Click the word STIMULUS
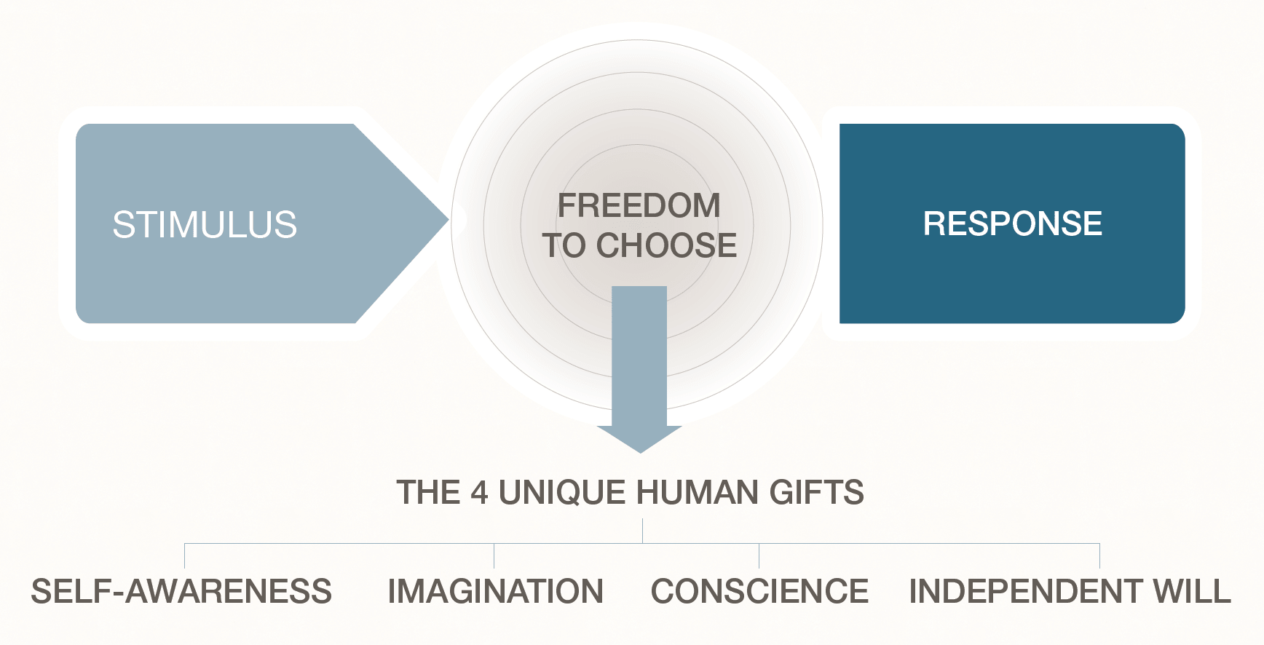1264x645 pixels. pos(205,224)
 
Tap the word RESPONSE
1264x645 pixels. pos(1012,223)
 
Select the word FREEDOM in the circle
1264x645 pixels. pos(639,205)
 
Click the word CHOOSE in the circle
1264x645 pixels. pos(666,245)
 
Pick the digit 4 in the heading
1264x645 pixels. pos(479,493)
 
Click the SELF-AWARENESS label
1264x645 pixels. pos(181,591)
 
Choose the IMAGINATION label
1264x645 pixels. pos(495,591)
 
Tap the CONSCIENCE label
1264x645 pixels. pos(759,591)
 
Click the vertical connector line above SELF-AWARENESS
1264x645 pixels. pos(185,555)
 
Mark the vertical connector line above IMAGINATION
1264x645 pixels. pos(494,555)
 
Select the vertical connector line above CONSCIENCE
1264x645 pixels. pos(759,555)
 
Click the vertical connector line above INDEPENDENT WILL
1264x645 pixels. pos(1099,555)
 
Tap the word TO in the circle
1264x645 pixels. pos(564,245)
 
